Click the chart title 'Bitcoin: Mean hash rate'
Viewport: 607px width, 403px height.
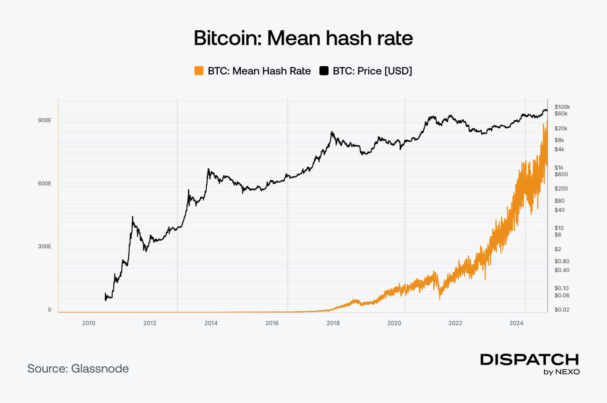click(x=303, y=38)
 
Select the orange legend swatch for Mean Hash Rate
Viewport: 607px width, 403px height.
click(x=199, y=71)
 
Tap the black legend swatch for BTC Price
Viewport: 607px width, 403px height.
click(x=324, y=71)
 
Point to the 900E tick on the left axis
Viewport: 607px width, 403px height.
click(x=44, y=120)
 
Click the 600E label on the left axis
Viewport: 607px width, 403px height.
click(x=44, y=183)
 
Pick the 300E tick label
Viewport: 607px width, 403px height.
click(x=44, y=246)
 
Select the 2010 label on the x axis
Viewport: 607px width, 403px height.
click(x=89, y=323)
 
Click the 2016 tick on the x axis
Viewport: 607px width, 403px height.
click(x=272, y=323)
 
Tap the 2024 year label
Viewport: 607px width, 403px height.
click(x=516, y=323)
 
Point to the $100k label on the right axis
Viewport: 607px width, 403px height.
click(x=562, y=107)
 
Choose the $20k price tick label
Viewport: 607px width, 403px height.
click(x=561, y=128)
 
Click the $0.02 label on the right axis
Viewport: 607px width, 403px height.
click(x=561, y=309)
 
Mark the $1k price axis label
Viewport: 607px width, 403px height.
click(x=559, y=167)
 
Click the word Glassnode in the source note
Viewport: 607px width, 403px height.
click(x=100, y=369)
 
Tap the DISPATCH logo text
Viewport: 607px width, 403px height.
click(x=529, y=359)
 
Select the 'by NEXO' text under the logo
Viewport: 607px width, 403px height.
click(x=561, y=372)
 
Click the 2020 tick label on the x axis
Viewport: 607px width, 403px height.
click(x=394, y=323)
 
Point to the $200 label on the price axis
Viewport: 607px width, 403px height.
click(x=561, y=188)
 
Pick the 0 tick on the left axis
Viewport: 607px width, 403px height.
click(x=49, y=309)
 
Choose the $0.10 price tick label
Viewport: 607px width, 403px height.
click(x=561, y=288)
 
